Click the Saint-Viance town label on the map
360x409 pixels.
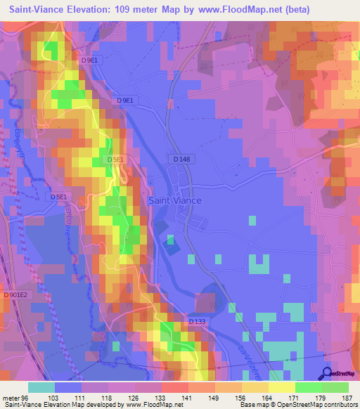click(x=175, y=200)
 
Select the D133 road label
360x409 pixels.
click(x=198, y=321)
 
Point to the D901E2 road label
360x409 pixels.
click(x=15, y=296)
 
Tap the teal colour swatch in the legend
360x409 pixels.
click(x=41, y=387)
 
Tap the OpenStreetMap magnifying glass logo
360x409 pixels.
click(x=327, y=373)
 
